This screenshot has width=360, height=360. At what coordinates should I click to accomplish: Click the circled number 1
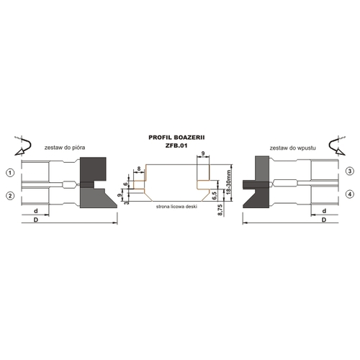10,173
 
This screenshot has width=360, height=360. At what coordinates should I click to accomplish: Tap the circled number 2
10,196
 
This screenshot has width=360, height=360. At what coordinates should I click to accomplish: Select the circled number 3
350,171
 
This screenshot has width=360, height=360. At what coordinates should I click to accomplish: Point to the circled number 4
350,194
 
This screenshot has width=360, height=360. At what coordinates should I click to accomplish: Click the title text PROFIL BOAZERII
176,138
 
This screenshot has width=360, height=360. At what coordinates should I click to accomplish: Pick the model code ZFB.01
176,145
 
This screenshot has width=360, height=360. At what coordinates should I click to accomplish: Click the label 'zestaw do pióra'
65,148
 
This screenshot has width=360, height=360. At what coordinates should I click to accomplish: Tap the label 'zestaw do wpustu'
292,148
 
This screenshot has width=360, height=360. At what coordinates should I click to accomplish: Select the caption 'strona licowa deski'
176,207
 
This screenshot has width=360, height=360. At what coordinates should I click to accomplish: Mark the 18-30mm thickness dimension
228,182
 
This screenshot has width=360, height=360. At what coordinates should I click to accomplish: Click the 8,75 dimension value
221,210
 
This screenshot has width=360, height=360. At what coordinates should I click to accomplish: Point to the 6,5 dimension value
215,196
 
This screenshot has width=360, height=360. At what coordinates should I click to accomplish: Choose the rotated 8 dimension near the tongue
139,169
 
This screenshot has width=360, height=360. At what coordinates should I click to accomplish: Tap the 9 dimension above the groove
203,153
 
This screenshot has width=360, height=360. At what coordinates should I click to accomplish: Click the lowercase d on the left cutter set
36,211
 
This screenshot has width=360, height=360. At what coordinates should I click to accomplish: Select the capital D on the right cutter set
324,220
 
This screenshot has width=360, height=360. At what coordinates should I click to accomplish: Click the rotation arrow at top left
23,146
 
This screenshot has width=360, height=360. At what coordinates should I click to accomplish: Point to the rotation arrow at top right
337,146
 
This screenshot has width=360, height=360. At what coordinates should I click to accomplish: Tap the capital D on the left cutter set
36,220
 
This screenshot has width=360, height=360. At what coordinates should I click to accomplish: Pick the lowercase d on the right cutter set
324,211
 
